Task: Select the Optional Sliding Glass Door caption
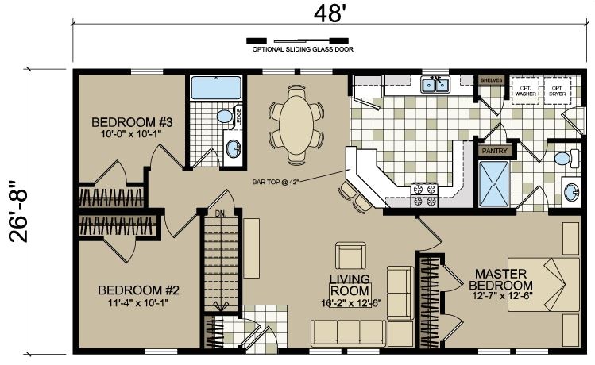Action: [303, 49]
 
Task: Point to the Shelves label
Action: [490, 80]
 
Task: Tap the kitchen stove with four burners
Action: [421, 194]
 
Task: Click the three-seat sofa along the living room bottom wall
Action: [346, 332]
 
